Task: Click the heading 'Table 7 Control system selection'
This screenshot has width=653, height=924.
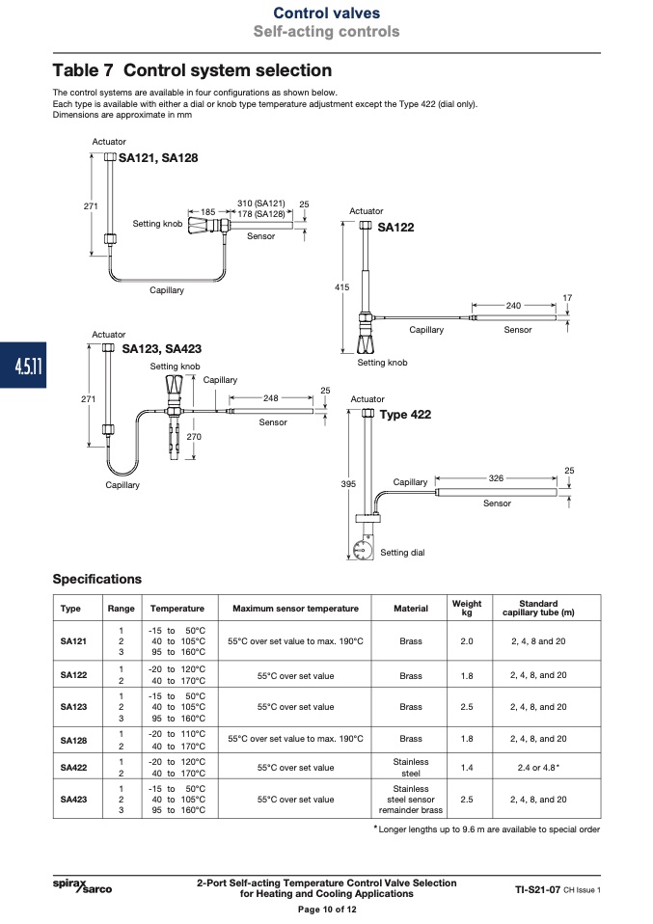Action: click(x=192, y=70)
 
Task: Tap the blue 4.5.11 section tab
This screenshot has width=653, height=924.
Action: click(x=23, y=366)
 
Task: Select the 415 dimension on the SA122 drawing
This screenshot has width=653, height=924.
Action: click(x=341, y=287)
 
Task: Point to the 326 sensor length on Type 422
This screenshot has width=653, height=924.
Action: click(x=496, y=477)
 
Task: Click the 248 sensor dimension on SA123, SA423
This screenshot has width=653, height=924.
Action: click(x=270, y=397)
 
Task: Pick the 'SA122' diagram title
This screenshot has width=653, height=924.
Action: click(x=395, y=228)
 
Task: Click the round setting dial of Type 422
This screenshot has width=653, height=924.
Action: click(x=363, y=550)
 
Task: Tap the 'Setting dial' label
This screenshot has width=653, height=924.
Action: click(x=402, y=552)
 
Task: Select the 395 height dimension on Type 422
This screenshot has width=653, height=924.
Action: click(x=348, y=484)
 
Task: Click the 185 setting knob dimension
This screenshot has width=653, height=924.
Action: click(x=208, y=211)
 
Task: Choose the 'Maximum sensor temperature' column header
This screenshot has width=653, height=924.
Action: click(x=295, y=609)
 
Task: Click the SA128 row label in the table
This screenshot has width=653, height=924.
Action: click(x=73, y=740)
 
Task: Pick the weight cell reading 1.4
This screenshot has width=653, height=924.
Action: click(x=467, y=767)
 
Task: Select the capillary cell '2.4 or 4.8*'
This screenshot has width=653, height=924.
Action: click(x=538, y=767)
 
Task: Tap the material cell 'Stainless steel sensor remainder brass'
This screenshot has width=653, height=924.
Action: click(x=411, y=799)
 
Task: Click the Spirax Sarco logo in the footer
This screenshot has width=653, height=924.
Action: click(x=82, y=885)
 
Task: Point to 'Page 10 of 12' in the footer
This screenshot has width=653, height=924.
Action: click(x=327, y=910)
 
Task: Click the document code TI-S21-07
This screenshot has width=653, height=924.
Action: click(x=537, y=889)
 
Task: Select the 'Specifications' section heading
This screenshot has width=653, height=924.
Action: click(x=97, y=579)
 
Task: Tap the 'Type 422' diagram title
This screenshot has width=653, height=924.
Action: click(x=405, y=415)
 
